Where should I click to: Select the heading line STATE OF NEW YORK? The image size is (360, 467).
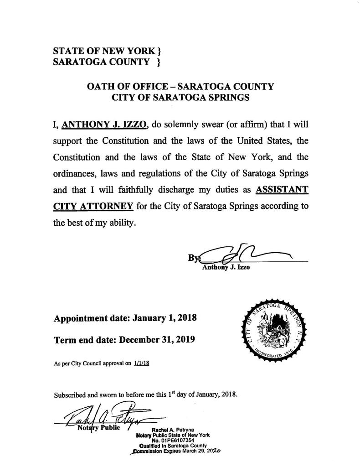coord(107,51)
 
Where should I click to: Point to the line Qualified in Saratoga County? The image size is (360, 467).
coord(173,446)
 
